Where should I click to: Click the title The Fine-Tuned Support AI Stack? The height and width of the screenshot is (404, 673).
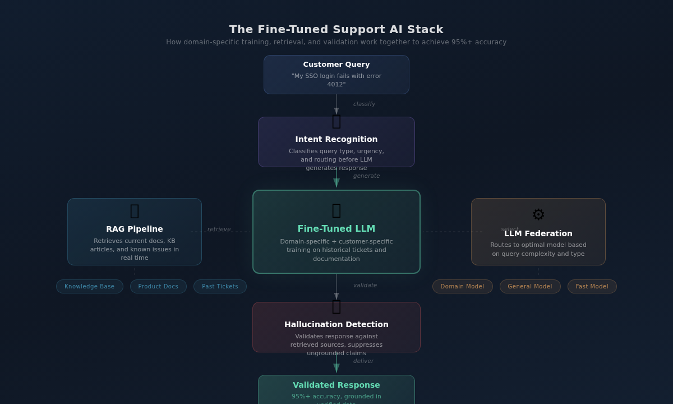[x=336, y=29]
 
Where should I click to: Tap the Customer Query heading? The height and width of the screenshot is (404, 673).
[x=336, y=65]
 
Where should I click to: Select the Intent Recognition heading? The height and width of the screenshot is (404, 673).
[x=336, y=139]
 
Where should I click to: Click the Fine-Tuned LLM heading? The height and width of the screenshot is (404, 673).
[x=336, y=229]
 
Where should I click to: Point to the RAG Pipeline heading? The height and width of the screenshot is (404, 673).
[x=135, y=229]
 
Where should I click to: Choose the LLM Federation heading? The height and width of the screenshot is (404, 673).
[x=538, y=233]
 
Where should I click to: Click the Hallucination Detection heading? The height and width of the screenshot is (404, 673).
[x=336, y=324]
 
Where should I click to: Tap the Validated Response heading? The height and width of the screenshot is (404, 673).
[x=336, y=385]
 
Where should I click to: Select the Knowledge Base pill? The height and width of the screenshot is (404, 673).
[x=90, y=287]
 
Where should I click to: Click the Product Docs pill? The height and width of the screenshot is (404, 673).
[x=158, y=287]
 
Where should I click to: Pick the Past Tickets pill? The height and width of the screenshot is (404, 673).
[x=220, y=287]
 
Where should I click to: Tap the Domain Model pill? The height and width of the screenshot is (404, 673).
[x=462, y=287]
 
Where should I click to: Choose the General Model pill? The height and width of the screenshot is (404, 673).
[x=530, y=287]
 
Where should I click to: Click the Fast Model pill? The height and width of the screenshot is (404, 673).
[x=592, y=287]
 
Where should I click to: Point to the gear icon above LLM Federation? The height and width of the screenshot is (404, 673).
[x=538, y=214]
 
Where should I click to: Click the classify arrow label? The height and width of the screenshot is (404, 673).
[x=364, y=104]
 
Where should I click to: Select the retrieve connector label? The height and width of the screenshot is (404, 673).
[x=219, y=229]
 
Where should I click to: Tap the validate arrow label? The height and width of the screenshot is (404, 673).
[x=365, y=286]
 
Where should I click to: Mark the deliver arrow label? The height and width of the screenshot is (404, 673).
[x=363, y=361]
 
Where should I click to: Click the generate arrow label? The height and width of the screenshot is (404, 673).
[x=366, y=176]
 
